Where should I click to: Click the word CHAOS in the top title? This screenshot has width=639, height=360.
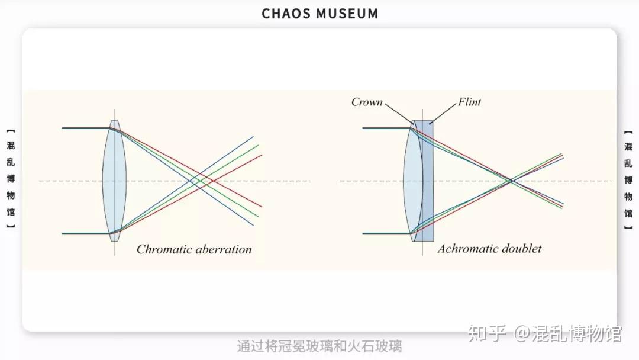click(x=286, y=14)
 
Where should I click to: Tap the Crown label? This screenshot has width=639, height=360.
click(x=367, y=102)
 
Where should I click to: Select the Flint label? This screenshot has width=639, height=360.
click(x=469, y=102)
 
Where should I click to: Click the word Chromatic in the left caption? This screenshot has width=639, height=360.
click(x=165, y=249)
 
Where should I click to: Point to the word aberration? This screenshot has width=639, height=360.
click(x=224, y=249)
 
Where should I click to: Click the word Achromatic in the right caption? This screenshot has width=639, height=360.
click(x=465, y=249)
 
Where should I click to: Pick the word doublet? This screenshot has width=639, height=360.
click(x=519, y=249)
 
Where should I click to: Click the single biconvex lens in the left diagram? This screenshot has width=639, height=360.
click(x=114, y=181)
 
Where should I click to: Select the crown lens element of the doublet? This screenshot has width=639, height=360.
click(x=412, y=181)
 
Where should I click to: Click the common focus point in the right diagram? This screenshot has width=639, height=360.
click(x=511, y=180)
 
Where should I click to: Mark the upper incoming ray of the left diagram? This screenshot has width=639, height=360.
click(x=85, y=127)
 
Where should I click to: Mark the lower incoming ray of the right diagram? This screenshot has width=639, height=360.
click(x=385, y=233)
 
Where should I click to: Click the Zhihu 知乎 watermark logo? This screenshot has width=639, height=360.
click(x=488, y=335)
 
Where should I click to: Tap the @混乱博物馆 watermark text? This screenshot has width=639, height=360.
click(x=567, y=335)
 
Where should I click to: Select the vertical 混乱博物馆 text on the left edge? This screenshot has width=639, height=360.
click(x=11, y=178)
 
